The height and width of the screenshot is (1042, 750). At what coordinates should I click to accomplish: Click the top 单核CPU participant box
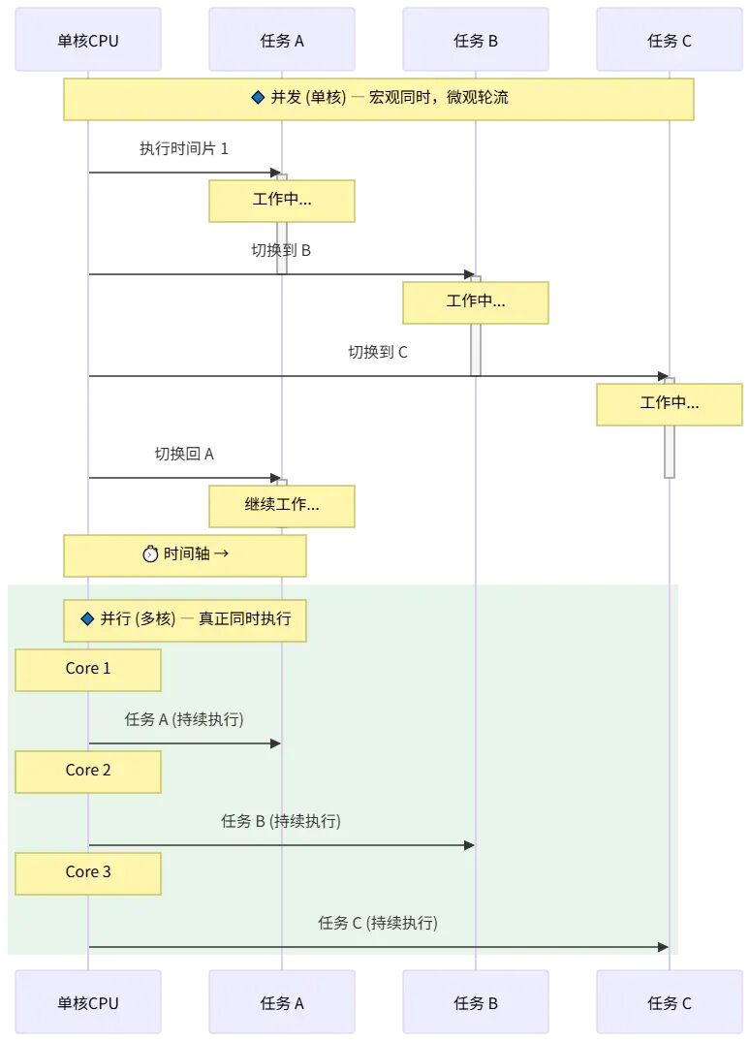[x=88, y=40]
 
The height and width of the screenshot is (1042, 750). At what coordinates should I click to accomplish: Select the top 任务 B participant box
[x=476, y=40]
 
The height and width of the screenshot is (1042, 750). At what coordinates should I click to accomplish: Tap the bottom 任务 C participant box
[x=669, y=1001]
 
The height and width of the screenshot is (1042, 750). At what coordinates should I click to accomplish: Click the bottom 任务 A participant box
[x=282, y=1001]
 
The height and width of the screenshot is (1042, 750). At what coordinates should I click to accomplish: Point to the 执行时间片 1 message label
[x=184, y=148]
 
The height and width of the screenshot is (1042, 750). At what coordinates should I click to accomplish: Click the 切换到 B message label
[x=281, y=250]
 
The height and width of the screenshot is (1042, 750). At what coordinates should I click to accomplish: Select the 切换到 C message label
[x=378, y=352]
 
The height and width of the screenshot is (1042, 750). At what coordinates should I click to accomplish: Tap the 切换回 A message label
[x=184, y=454]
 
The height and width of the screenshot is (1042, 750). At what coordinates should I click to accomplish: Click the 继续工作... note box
[x=282, y=506]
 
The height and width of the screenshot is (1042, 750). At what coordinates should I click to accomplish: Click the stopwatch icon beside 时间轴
[x=151, y=553]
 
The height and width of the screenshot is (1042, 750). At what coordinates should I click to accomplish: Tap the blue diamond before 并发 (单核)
[x=259, y=98]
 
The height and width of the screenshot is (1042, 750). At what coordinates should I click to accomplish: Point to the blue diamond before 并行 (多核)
[x=87, y=619]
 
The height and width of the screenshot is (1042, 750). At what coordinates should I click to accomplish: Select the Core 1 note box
[x=88, y=670]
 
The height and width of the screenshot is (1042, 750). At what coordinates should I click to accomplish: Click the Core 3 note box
[x=88, y=873]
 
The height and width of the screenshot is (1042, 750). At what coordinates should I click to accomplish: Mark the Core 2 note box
[x=88, y=772]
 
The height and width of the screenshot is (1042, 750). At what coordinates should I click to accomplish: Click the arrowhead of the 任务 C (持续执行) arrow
[x=663, y=947]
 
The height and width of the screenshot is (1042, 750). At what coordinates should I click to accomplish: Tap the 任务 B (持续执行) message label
[x=281, y=821]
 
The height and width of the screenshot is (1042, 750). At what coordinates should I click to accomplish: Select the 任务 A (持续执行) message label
[x=184, y=719]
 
